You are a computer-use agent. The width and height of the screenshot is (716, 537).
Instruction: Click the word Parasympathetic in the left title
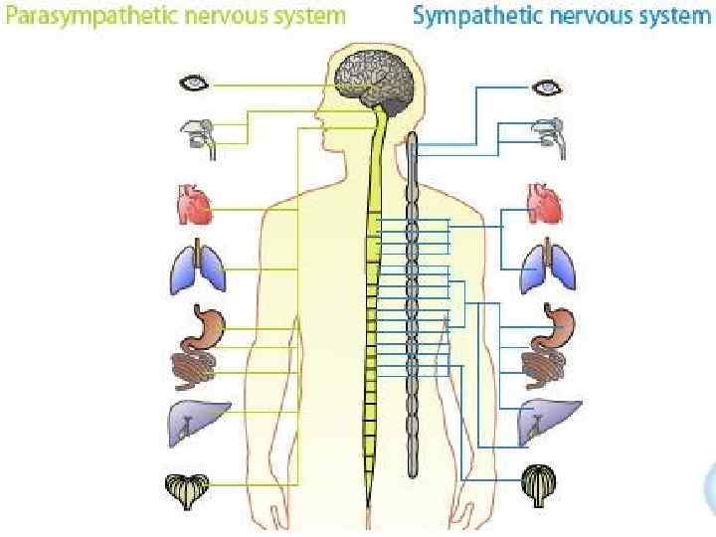click(x=81, y=16)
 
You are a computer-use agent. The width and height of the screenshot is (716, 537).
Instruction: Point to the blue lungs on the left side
click(x=198, y=268)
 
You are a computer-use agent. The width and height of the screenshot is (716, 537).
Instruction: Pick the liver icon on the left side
click(x=198, y=424)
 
